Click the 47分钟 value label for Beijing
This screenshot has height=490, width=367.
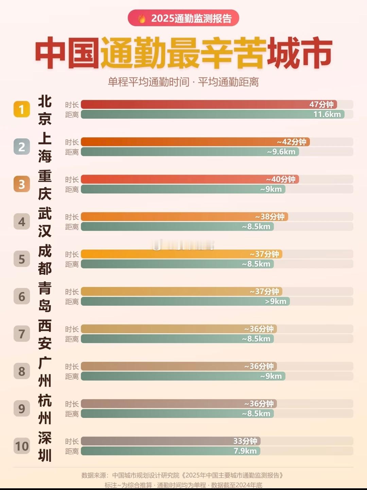tap(321, 104)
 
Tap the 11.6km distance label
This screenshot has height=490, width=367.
tap(327, 114)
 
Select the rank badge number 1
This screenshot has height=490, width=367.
tap(22, 109)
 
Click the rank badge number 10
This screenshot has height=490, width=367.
tap(22, 446)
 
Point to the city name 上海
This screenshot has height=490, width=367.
tap(45, 147)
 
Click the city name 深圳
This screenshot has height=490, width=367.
tap(45, 446)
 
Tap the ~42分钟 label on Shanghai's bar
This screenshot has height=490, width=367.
tap(291, 142)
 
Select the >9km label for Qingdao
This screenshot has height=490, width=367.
tap(276, 301)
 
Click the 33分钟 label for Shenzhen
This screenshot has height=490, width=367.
tap(245, 441)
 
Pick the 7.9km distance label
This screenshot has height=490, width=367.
tap(245, 451)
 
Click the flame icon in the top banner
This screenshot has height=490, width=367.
tap(142, 18)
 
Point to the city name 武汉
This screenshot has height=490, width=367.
tap(45, 222)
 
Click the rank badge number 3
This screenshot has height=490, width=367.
tap(22, 184)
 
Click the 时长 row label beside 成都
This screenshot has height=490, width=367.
tap(72, 254)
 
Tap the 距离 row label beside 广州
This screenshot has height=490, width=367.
tap(72, 376)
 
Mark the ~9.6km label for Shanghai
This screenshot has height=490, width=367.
tap(281, 152)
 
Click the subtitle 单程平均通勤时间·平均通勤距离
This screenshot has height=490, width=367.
tap(183, 82)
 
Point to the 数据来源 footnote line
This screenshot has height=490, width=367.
tap(182, 475)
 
